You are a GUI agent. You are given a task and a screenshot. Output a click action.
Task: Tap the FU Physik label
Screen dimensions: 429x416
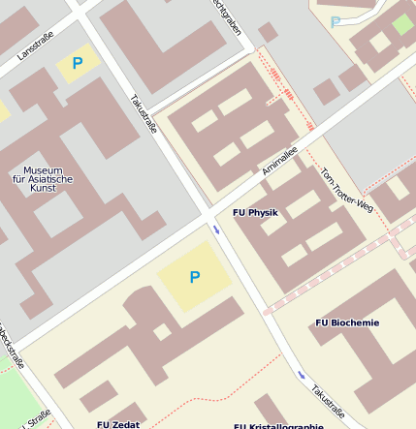click(255, 212)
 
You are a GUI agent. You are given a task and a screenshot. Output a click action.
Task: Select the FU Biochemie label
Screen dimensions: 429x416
click(347, 322)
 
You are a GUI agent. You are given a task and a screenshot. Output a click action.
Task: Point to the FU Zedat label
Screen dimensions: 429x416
click(118, 424)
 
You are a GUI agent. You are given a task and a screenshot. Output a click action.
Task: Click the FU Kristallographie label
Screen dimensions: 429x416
click(278, 425)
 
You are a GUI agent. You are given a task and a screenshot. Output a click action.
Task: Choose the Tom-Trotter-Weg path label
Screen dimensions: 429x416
click(346, 189)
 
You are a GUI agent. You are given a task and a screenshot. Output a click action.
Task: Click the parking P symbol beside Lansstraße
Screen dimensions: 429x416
click(78, 64)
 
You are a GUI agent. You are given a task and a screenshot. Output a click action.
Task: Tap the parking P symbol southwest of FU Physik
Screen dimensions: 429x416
click(194, 277)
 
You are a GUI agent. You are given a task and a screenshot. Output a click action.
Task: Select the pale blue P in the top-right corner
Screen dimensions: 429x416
click(336, 21)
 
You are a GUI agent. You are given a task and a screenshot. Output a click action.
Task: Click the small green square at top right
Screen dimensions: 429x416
click(402, 24)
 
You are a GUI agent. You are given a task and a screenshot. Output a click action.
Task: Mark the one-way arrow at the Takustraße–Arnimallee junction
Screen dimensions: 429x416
click(216, 230)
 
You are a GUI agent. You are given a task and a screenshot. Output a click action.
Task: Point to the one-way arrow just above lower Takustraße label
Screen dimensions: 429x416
click(302, 375)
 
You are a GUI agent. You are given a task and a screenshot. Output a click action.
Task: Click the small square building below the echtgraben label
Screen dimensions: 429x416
click(268, 32)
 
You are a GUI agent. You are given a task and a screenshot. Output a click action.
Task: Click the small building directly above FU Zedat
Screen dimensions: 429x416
click(98, 395)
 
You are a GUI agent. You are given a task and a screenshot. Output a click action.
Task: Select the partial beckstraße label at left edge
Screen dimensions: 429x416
click(10, 349)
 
